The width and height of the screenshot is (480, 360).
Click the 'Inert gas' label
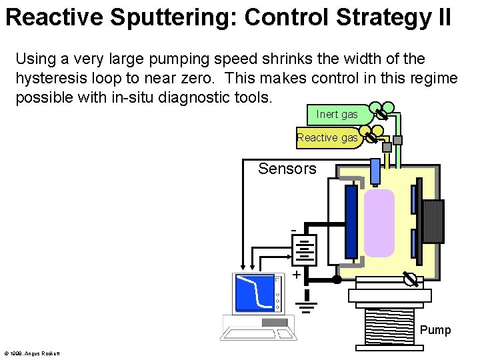(337, 115)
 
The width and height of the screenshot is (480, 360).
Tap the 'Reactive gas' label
(327, 137)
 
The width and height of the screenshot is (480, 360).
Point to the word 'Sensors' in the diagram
(287, 169)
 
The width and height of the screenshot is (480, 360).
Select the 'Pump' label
(435, 330)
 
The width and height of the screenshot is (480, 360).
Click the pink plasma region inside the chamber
(379, 223)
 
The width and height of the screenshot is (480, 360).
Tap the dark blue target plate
(351, 221)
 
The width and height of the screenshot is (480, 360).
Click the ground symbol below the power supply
(305, 305)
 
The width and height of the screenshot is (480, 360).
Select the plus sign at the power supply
(296, 275)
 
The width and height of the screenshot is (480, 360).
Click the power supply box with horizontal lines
(304, 250)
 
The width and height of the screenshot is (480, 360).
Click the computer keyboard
(258, 330)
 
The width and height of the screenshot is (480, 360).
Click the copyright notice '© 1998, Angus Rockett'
(32, 353)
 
